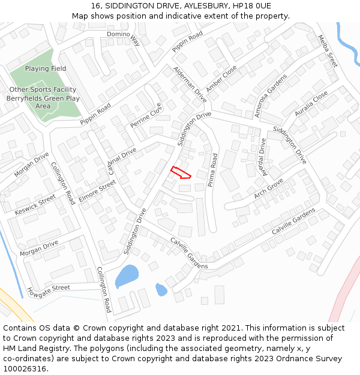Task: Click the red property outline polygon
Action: click(x=180, y=173)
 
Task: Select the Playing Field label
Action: click(x=46, y=69)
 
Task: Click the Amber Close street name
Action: click(x=221, y=79)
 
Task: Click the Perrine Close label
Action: click(x=146, y=116)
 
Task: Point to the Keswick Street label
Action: click(x=35, y=205)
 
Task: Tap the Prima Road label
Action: click(x=212, y=170)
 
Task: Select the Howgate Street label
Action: click(x=49, y=292)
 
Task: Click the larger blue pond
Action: click(x=126, y=276)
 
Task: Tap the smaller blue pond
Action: click(x=161, y=290)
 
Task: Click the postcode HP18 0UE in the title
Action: click(x=251, y=6)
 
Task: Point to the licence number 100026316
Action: click(x=25, y=369)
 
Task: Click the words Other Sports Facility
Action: click(x=43, y=89)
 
